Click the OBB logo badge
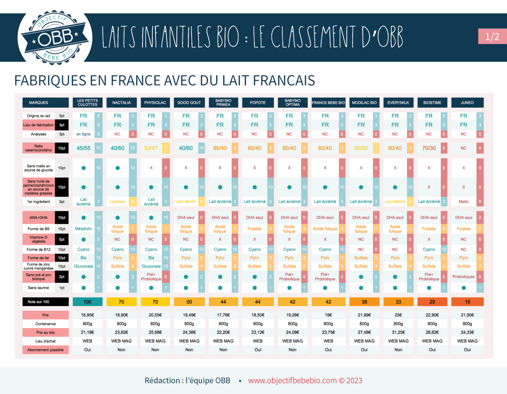coord(55,37)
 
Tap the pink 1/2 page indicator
coord(492,36)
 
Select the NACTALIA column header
coord(121,103)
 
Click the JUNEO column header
coord(467,103)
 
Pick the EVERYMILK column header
coord(398,103)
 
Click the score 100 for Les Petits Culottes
coord(87,302)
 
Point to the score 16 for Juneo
coord(467,302)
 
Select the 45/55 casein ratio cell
coord(84,148)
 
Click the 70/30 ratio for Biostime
coord(429,148)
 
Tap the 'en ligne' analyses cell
coord(84,134)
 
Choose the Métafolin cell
coord(84,229)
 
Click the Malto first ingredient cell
coord(463,201)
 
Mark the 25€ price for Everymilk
coord(398,315)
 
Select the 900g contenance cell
coord(467,324)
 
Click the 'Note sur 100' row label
coord(39,302)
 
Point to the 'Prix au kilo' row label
coord(46,332)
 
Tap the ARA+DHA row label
coord(39,218)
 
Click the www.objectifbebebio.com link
coord(292,380)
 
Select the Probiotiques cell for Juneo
coord(463,277)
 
